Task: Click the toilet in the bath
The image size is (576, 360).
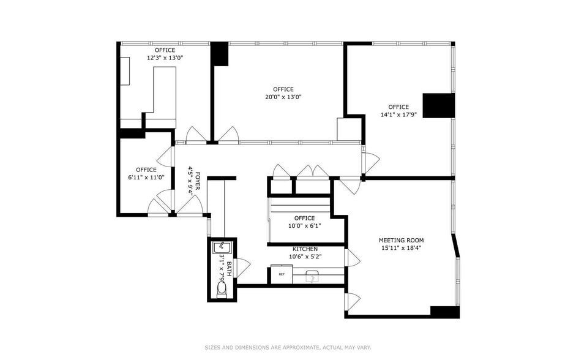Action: pos(222,288)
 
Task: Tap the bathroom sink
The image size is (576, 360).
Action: pos(222,248)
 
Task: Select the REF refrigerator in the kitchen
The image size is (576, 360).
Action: pos(281,275)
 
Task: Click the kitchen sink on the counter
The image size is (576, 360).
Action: pos(312,277)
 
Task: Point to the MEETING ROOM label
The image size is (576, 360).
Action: pos(401,240)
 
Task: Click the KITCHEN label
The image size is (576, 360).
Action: pos(304,249)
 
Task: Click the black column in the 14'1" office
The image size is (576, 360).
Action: pos(439,105)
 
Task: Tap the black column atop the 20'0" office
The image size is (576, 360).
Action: pos(219,54)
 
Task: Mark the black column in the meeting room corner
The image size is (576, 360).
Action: pos(444,312)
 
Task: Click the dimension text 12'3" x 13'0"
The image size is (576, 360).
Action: pos(165,58)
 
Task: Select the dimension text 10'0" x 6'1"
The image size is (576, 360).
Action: pos(304,225)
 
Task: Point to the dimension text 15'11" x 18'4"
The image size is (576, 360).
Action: pos(401,248)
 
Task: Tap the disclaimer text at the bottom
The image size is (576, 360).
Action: pos(288,347)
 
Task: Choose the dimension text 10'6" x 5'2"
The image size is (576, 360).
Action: pos(304,257)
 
